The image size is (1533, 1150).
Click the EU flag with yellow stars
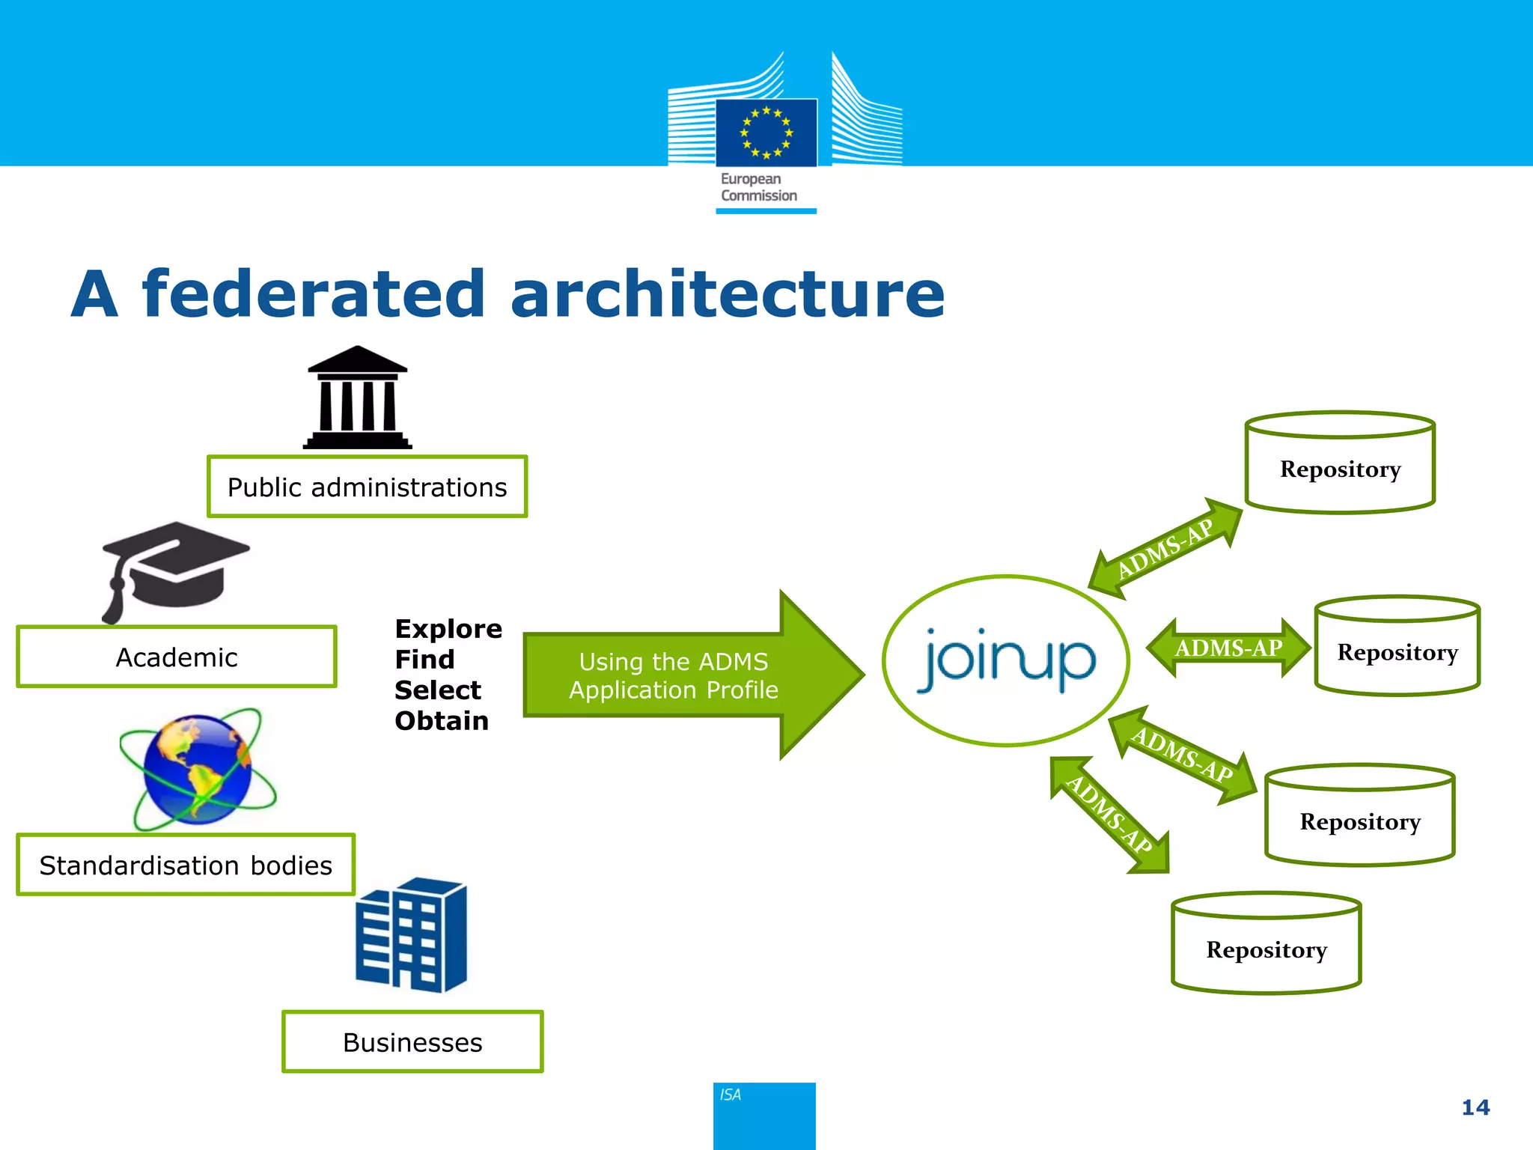coord(766,133)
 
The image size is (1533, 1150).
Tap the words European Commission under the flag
coord(758,187)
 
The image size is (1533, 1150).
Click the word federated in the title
coord(314,293)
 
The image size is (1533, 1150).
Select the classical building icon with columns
coord(358,398)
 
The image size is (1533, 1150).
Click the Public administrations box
coord(367,487)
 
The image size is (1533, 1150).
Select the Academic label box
coord(177,657)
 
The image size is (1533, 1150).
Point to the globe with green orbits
coord(198,770)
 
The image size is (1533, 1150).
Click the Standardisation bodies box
coord(186,865)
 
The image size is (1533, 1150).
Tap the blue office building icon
coord(412,936)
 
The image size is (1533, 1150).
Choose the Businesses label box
coord(412,1041)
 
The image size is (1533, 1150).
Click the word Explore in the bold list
coord(448,629)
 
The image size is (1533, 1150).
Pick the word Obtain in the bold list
coord(442,721)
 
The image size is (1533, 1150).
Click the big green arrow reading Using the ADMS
coord(674,675)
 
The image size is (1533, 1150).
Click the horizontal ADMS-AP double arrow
coord(1228,648)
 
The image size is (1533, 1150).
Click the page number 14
coord(1475,1107)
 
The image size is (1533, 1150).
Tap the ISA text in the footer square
coord(730,1095)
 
